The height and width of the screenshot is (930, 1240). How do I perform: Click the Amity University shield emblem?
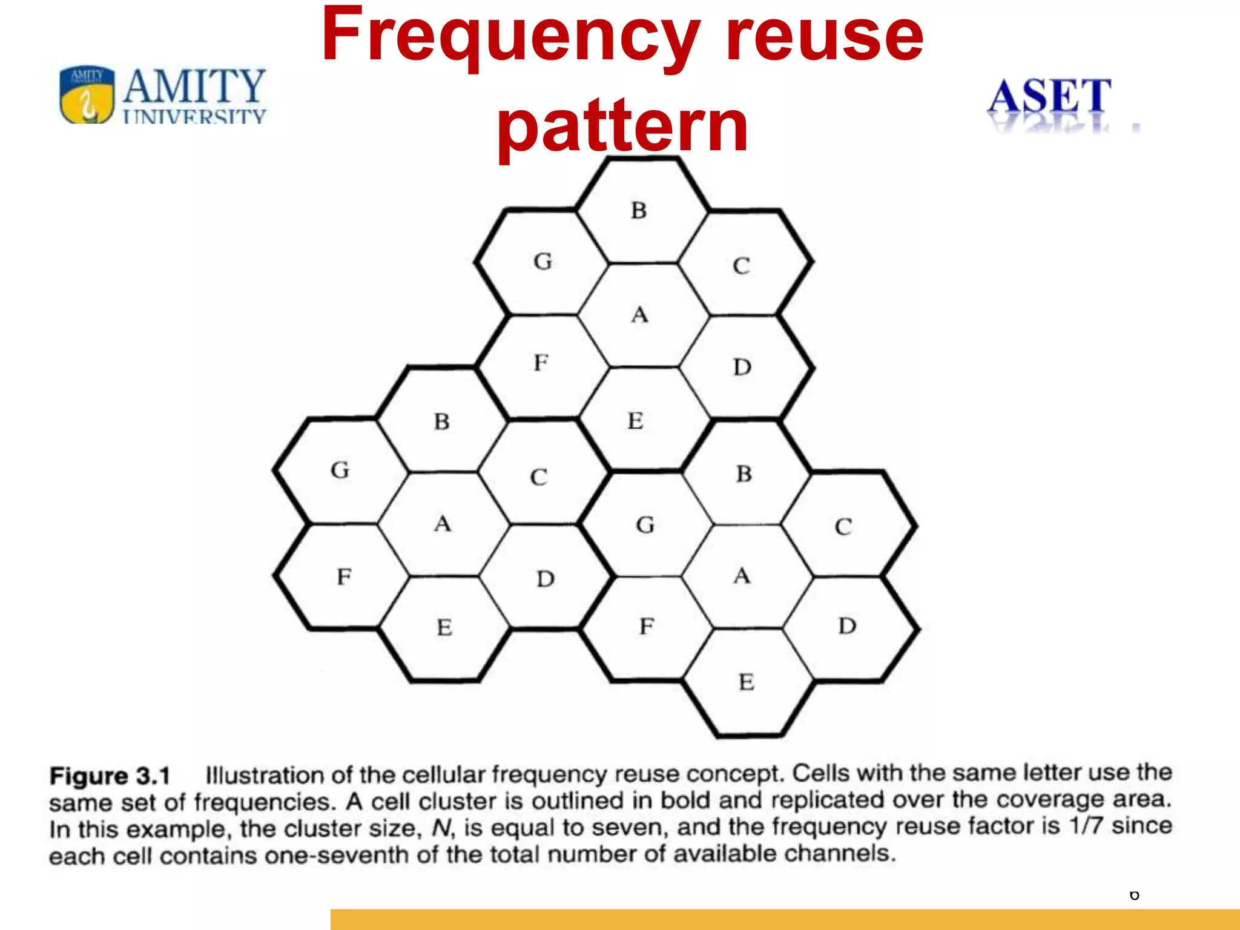(x=87, y=94)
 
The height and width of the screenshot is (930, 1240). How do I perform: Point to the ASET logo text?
(x=1049, y=96)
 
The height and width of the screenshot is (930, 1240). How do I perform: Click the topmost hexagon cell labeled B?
(x=641, y=211)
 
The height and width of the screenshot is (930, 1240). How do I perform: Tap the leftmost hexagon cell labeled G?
(x=340, y=470)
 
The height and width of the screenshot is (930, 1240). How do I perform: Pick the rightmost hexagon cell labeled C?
(x=845, y=526)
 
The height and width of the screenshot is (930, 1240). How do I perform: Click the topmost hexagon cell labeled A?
(x=641, y=315)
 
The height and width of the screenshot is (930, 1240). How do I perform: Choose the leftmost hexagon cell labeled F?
(x=343, y=576)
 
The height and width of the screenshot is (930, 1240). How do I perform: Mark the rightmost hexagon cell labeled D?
(x=847, y=625)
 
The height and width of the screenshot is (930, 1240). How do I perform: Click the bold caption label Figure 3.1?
(x=110, y=776)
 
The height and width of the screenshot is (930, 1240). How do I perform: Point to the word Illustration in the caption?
(x=264, y=775)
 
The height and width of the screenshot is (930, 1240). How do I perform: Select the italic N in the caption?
(x=442, y=828)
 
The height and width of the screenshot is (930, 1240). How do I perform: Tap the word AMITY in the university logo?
(x=194, y=87)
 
